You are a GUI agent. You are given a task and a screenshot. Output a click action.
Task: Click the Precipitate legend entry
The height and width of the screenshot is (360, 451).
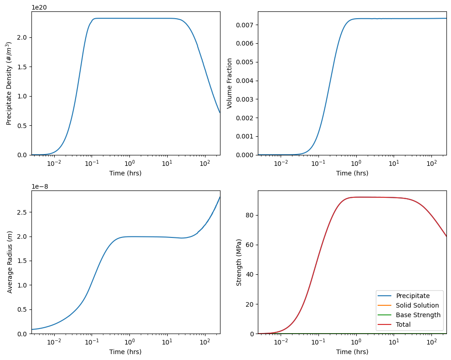click(413, 296)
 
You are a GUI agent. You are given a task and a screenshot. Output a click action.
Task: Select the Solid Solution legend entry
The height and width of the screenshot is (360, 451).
click(417, 305)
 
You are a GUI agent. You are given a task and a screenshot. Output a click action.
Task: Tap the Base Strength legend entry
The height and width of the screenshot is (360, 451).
click(418, 315)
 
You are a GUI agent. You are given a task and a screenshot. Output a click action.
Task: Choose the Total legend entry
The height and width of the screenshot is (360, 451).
click(403, 324)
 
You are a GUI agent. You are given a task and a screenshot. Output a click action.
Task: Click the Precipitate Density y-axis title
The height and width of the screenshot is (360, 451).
click(9, 83)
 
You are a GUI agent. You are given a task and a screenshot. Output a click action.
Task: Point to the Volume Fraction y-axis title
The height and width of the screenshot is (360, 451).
click(230, 83)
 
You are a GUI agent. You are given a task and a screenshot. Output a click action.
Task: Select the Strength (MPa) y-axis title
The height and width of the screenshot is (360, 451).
click(239, 262)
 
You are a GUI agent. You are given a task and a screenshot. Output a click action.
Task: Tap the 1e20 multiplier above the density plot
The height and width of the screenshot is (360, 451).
click(39, 7)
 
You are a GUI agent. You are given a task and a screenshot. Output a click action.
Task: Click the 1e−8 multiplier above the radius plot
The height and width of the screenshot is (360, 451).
click(41, 186)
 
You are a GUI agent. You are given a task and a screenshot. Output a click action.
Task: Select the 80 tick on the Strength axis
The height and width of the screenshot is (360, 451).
click(250, 215)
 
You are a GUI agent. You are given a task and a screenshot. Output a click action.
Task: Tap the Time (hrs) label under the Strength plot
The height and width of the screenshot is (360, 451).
click(352, 352)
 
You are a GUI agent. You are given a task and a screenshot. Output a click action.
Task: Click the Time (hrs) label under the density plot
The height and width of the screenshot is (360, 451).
click(125, 173)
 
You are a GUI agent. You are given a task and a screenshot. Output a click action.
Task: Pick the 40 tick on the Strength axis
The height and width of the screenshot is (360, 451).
click(250, 274)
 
